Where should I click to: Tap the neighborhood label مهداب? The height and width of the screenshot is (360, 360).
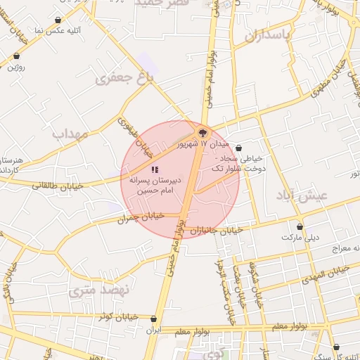68,132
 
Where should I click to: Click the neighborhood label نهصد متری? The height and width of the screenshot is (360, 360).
101,289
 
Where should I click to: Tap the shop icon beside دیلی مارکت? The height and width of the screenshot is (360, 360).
300,226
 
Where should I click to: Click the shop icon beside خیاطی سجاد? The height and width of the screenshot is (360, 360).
239,148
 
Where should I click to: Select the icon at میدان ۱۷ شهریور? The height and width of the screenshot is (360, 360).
202,131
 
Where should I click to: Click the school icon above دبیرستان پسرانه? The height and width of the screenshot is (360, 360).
155,169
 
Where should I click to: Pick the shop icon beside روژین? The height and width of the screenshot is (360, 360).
16,56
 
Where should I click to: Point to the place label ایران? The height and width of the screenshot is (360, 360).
153,329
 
